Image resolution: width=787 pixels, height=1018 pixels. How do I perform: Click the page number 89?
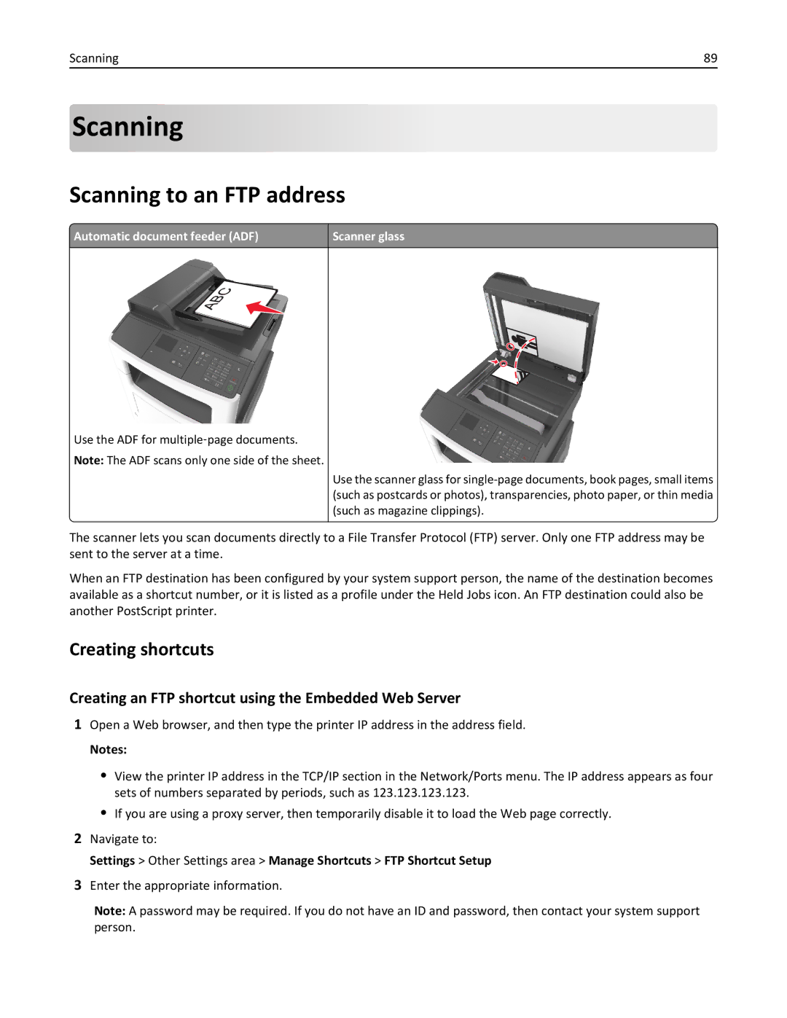[710, 58]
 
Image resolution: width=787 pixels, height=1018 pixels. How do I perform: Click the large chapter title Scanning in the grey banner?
[128, 128]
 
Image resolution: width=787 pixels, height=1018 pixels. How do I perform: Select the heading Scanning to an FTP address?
[207, 195]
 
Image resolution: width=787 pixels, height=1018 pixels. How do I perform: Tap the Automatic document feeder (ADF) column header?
[166, 236]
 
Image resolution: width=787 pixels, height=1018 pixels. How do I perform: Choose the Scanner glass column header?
[368, 236]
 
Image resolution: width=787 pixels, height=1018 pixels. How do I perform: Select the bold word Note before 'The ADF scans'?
[87, 461]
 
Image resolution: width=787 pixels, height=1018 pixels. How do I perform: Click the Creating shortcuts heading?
[141, 649]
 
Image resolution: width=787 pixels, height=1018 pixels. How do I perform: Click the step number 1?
[77, 724]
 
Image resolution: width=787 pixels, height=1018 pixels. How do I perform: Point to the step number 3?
[77, 885]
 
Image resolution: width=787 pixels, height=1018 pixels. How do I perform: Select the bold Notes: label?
[108, 749]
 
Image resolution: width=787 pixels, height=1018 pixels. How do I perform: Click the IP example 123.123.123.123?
[420, 793]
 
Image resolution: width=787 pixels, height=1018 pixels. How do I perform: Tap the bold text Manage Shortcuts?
[320, 861]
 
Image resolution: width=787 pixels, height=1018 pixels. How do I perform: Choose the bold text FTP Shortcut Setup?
[437, 861]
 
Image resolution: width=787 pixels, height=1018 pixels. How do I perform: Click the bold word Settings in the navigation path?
[112, 861]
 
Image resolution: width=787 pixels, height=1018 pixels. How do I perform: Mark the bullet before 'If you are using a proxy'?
[103, 813]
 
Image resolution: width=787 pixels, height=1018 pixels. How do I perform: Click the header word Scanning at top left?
[93, 58]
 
